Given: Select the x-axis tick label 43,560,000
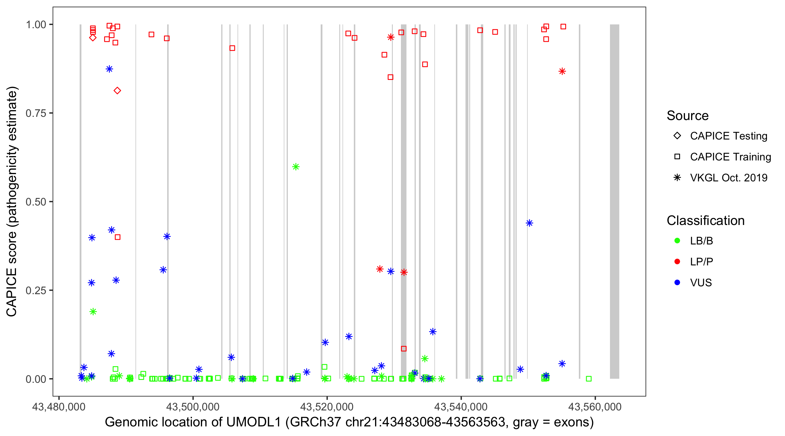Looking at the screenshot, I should click(595, 406).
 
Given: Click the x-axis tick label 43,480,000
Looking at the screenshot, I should click(59, 406).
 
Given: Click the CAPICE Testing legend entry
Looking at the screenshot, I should click(728, 136).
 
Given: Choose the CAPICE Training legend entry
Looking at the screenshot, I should click(730, 157).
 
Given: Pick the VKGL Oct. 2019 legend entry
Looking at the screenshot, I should click(728, 178).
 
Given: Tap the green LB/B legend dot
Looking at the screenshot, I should click(677, 241).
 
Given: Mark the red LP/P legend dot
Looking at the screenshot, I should click(677, 262).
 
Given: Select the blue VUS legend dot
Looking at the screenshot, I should click(677, 283).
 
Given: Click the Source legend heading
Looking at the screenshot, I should click(688, 116).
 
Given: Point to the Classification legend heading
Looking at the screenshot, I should click(705, 221).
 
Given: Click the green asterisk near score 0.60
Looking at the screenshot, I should click(296, 167).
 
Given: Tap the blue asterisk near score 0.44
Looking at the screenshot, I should click(529, 223).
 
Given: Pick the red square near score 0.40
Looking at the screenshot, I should click(118, 237).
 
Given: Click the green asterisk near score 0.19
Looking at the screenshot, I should click(93, 311).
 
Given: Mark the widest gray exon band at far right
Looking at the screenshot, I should click(614, 201).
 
